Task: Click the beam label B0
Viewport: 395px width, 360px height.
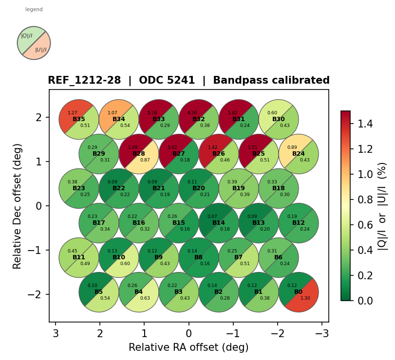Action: pos(299,292)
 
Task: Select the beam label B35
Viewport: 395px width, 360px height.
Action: pos(79,119)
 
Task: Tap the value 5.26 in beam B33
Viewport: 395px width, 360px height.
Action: pos(152,113)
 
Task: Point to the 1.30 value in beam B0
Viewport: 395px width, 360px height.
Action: pos(305,298)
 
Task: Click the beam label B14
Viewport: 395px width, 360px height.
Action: pos(219,223)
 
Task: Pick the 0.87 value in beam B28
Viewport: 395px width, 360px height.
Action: pos(145,160)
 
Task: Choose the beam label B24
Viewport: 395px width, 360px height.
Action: pos(299,154)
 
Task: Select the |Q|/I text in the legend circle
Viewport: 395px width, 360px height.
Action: pos(27,36)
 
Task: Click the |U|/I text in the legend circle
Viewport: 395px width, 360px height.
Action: pos(41,50)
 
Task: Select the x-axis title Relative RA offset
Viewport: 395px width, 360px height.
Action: pos(188,347)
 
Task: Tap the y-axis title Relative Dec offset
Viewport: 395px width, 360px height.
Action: pos(18,206)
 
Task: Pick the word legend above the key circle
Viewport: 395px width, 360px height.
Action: pos(34,9)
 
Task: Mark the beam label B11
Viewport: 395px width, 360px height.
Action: pos(79,257)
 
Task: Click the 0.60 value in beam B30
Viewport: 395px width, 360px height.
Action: pos(272,113)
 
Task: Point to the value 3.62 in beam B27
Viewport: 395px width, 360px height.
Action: pos(172,147)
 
